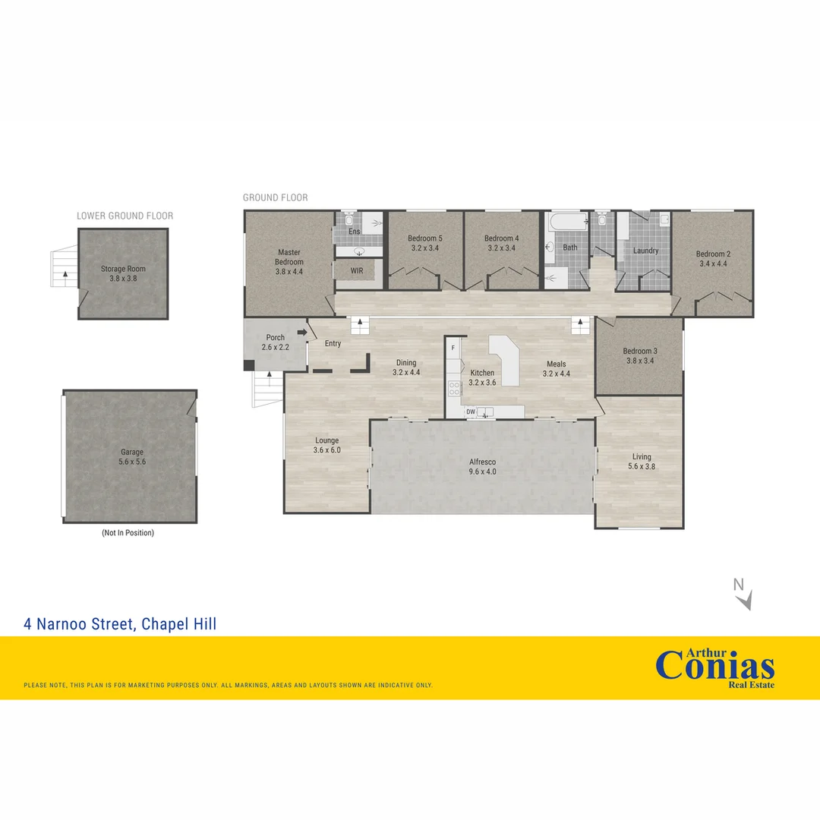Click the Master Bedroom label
coord(289,257)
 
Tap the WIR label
coord(357,271)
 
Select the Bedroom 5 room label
coord(424,238)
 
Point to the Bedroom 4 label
coord(501,238)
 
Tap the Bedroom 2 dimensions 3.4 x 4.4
coord(713,264)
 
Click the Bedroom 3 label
coord(640,351)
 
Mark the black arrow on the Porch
coord(301,333)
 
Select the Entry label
coord(333,344)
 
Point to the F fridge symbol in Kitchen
coord(453,348)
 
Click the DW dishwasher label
coord(471,412)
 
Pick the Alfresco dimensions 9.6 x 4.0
coord(482,471)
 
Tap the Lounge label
coord(326,440)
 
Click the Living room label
coord(642,457)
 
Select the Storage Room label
coord(123,269)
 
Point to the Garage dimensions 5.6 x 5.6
coord(132,462)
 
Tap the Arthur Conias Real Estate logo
coord(714,666)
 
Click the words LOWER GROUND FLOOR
coord(125,216)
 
